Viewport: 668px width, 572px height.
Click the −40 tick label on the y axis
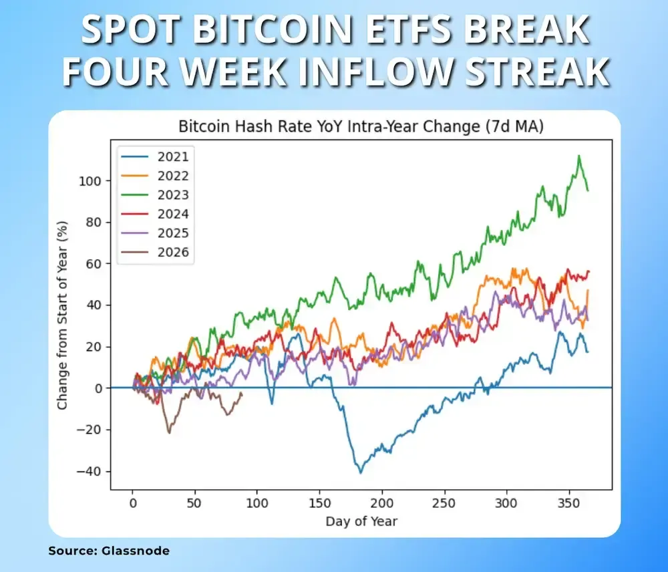(x=91, y=471)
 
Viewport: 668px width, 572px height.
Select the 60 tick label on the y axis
(x=94, y=264)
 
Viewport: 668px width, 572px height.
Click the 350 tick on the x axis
(x=568, y=503)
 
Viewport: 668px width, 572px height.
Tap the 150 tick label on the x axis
(x=319, y=503)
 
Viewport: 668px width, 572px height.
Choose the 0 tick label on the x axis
(x=132, y=503)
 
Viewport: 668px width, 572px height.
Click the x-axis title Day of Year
(x=361, y=521)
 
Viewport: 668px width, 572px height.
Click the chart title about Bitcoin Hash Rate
(x=361, y=127)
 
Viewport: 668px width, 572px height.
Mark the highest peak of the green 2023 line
(x=578, y=156)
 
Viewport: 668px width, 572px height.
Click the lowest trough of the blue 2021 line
(x=361, y=472)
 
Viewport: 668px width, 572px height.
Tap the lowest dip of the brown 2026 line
(x=169, y=432)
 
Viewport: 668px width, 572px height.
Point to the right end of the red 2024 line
(x=589, y=271)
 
